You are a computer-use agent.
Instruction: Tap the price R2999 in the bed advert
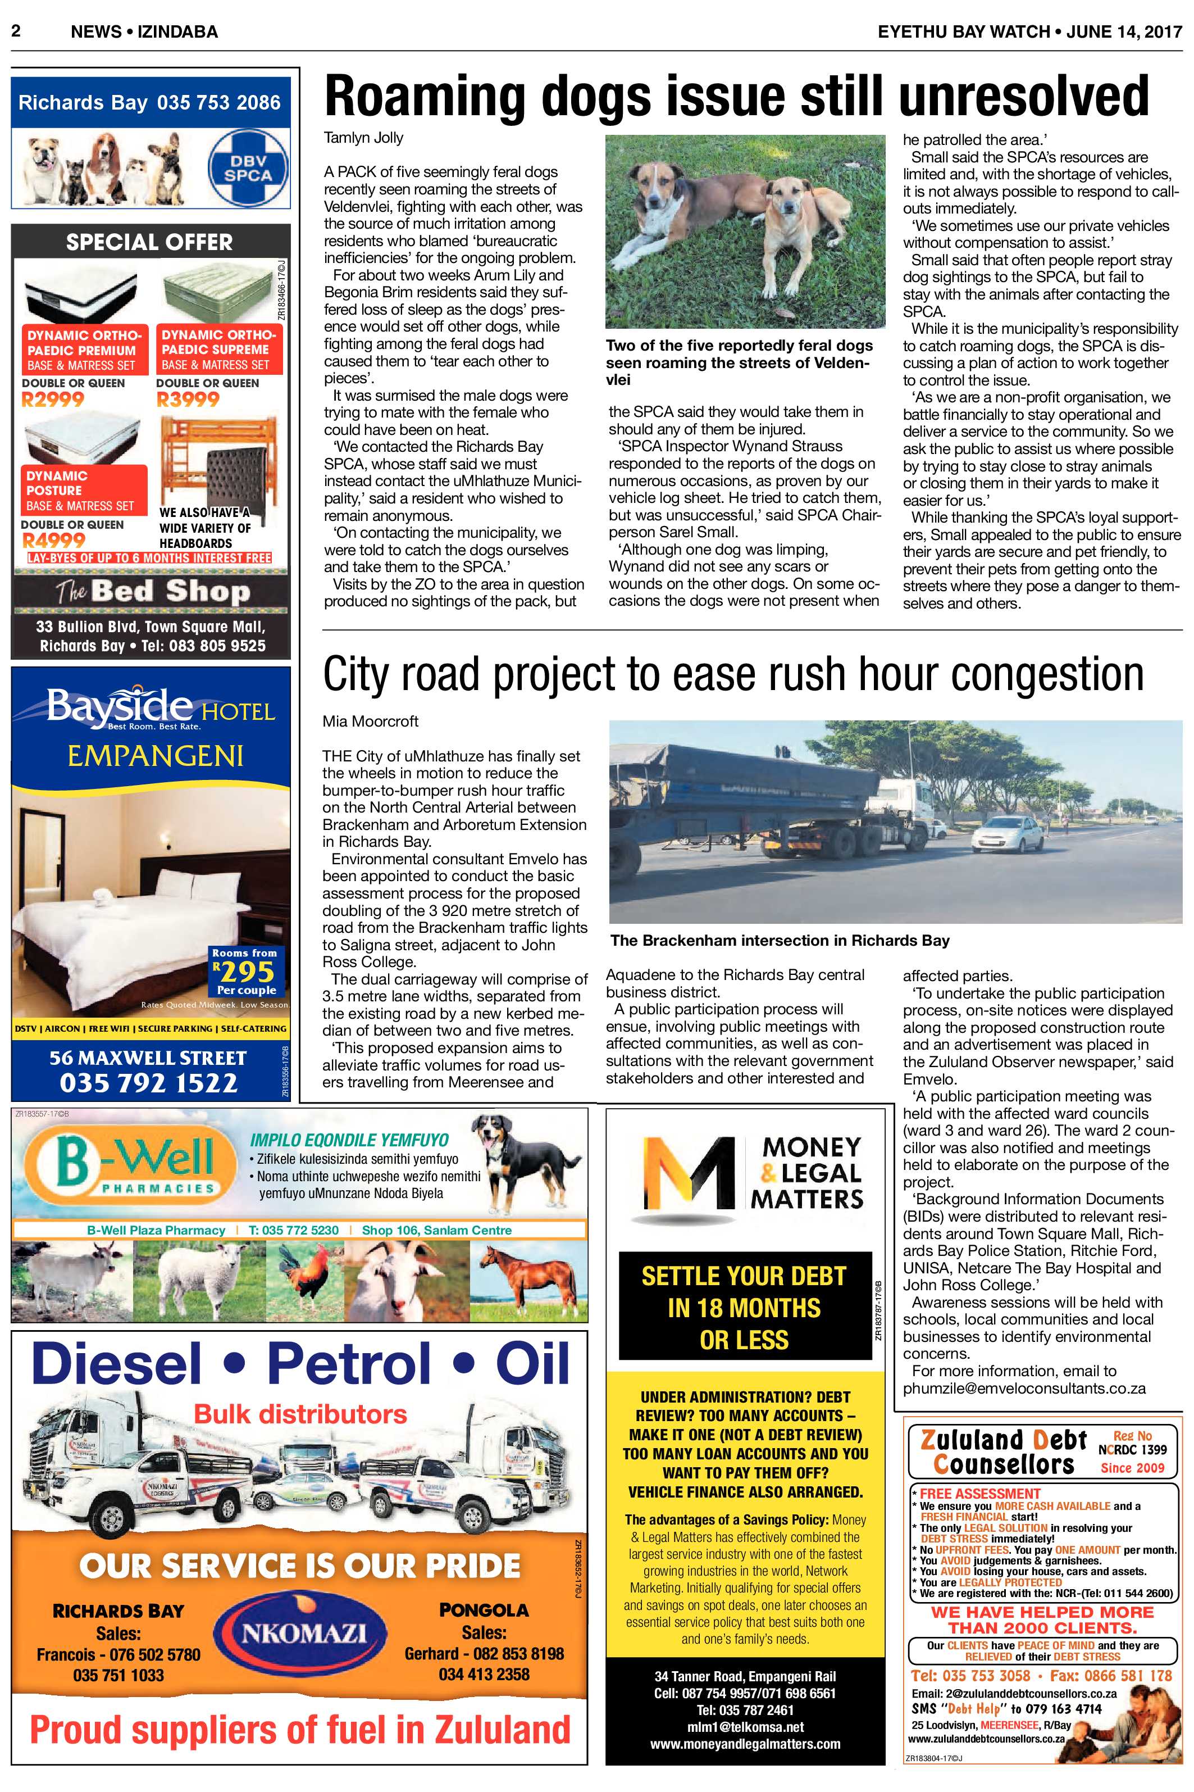[53, 399]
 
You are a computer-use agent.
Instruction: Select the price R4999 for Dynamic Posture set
[53, 540]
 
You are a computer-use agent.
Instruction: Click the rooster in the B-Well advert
[301, 1270]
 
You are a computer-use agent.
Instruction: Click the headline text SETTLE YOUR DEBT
[744, 1276]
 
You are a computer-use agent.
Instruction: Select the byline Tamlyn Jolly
[363, 138]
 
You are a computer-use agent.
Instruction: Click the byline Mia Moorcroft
[370, 721]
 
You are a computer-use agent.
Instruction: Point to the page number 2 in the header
[15, 31]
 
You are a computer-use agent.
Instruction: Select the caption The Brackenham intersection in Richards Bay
[780, 940]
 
